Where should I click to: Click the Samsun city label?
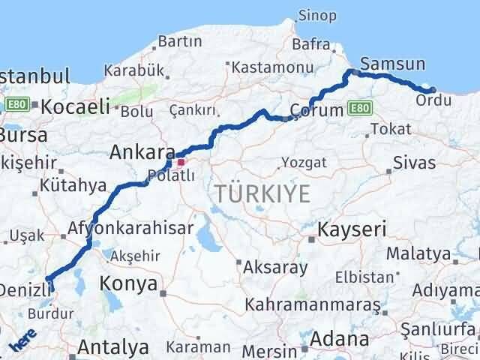point(392,64)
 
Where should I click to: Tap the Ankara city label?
point(142,152)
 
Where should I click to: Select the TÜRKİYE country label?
point(262,193)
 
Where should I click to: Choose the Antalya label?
point(113,348)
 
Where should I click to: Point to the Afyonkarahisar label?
point(131,227)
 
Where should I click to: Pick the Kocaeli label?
point(75,106)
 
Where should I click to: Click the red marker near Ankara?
point(180,161)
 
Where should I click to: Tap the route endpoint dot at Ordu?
point(433,91)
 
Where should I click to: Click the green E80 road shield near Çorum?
point(359,109)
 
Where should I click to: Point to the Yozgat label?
point(304,162)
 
